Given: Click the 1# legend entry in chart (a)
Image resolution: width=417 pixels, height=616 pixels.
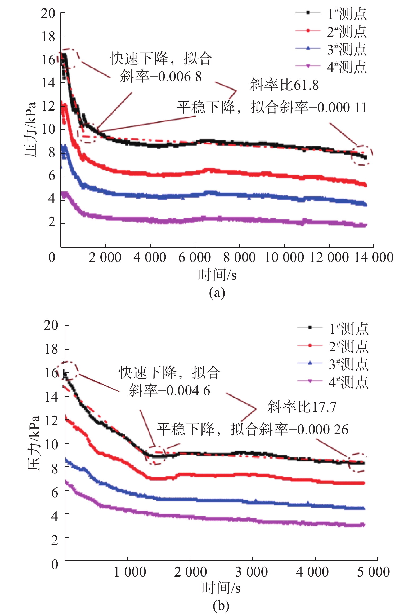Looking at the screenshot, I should pos(347,14).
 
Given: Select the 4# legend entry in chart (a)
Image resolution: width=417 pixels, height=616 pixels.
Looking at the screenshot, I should pos(347,67).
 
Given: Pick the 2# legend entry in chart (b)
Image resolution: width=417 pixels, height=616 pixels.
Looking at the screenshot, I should pos(348,346).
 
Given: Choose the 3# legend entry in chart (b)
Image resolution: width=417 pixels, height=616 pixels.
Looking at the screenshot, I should pos(348,364).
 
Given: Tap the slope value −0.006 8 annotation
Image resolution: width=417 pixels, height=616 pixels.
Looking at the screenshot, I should pos(161,77).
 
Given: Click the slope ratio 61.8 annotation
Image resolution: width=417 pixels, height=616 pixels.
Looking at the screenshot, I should pos(284,85).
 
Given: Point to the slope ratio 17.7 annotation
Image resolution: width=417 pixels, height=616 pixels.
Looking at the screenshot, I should pos(302,407).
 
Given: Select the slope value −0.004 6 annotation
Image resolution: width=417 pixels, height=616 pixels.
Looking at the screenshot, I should pos(169,391).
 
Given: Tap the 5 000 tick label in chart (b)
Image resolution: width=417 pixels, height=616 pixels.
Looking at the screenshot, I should pos(373,572).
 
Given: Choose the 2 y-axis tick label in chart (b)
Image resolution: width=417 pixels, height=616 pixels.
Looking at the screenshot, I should pos(55,540).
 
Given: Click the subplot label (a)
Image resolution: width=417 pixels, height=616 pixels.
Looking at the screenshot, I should pos(217,293).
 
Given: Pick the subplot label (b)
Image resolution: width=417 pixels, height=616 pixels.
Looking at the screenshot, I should pos(221,606).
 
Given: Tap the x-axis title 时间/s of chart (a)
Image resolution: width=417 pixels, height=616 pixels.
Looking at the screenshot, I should pos(217,275).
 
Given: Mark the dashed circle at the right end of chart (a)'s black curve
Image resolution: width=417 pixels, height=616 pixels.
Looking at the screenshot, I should pos(362,156).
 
